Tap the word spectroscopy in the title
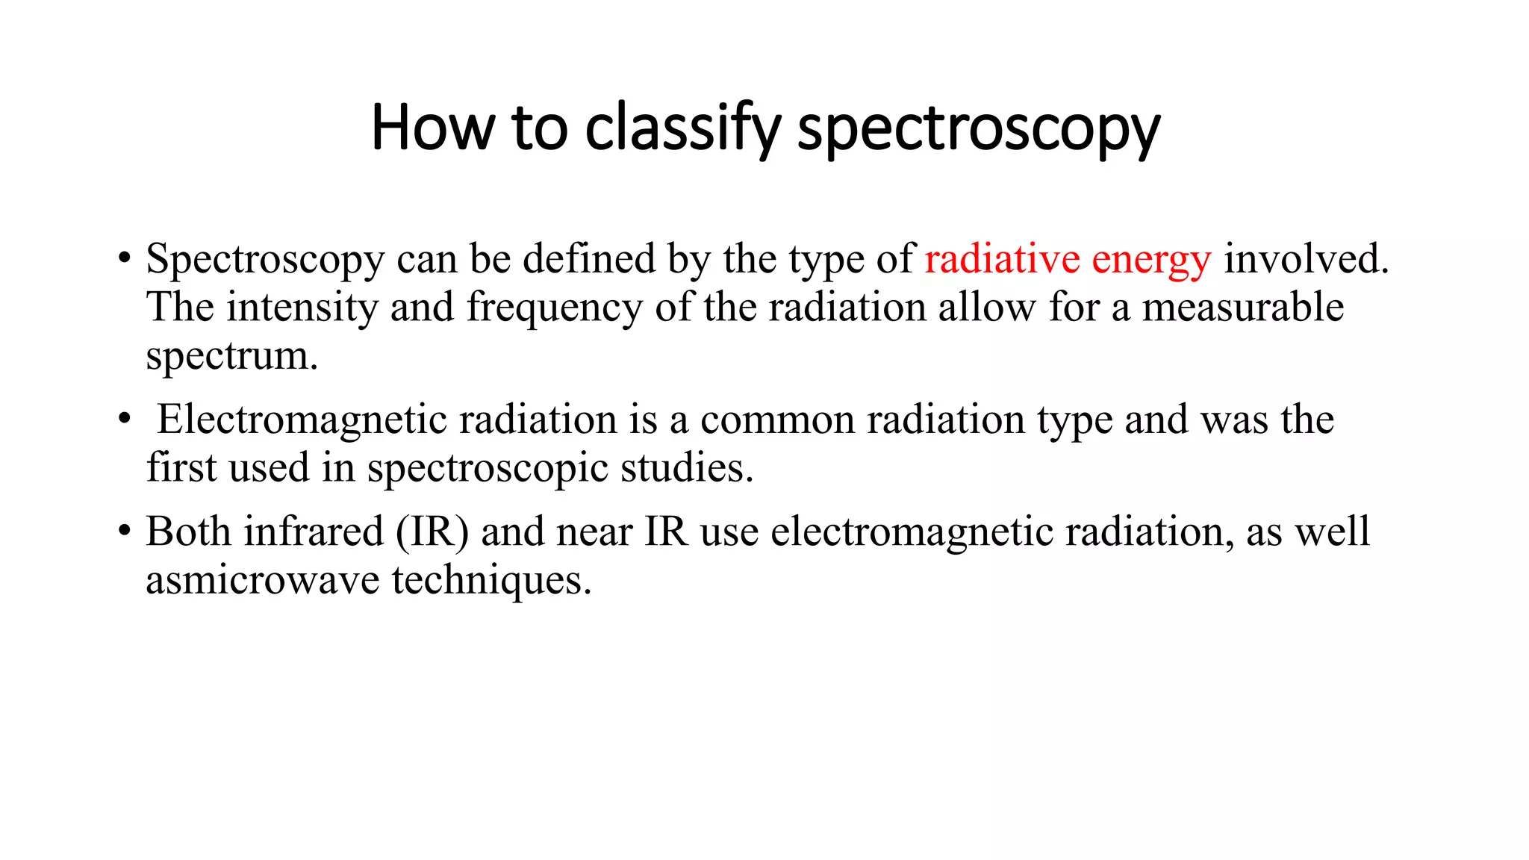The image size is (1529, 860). pos(978,128)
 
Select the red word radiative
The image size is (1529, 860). pos(1002,259)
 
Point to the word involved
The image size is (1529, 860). pos(1306,259)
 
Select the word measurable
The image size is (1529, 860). pos(1242,308)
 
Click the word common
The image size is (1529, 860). pos(777,420)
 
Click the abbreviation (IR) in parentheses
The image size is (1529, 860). pos(432,532)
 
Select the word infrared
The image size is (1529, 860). pos(314,532)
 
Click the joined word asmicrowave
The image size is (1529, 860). pos(263,581)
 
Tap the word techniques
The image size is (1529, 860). pos(491,581)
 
